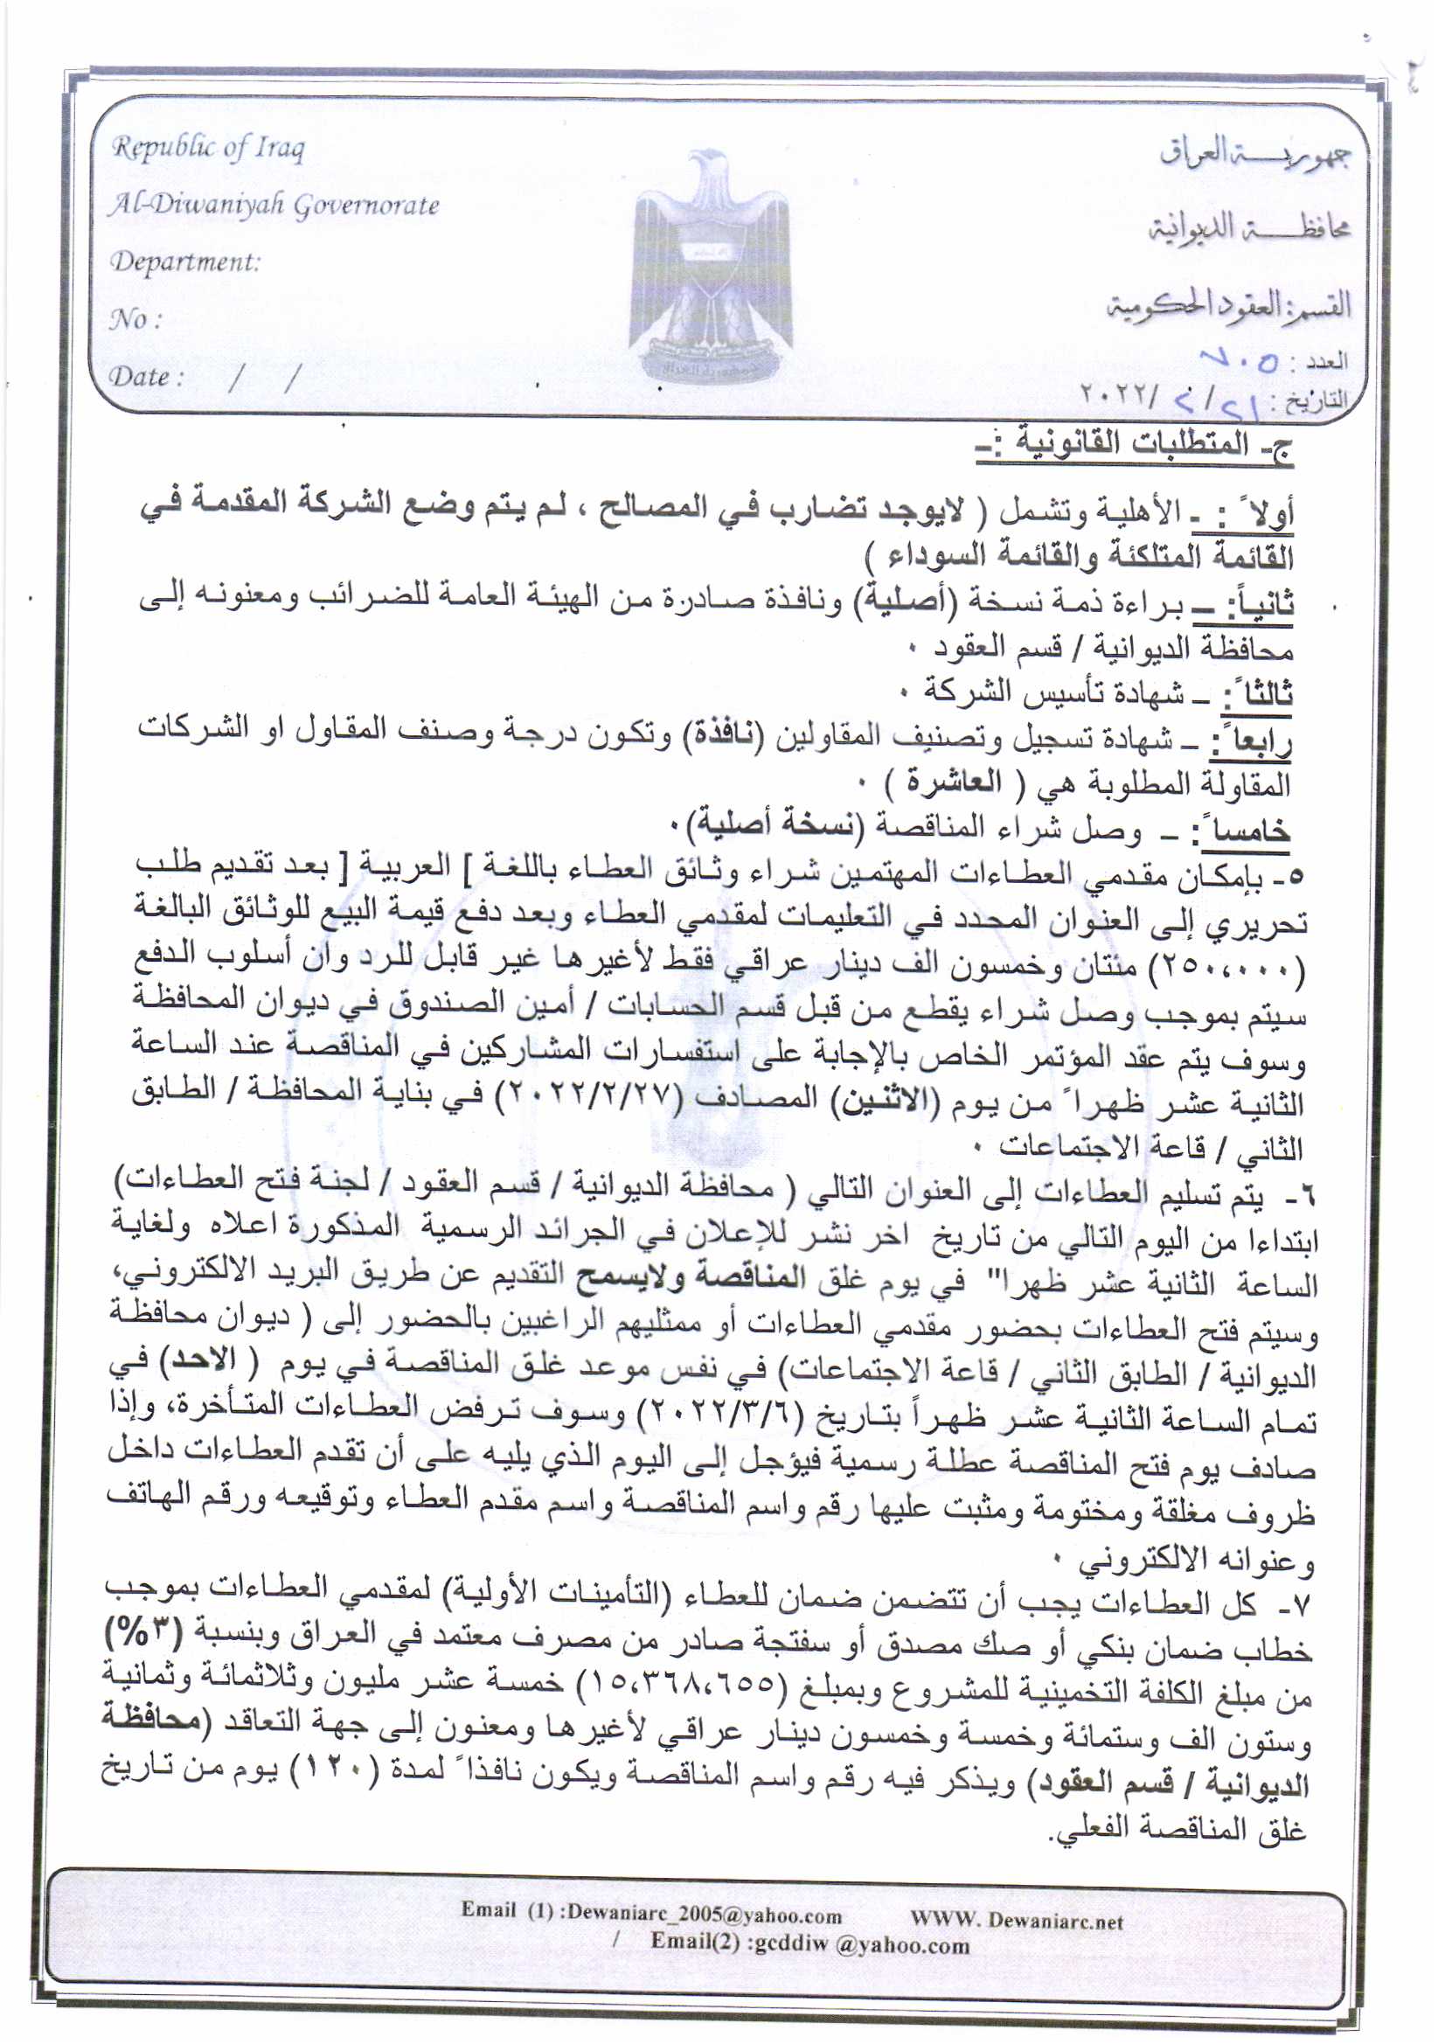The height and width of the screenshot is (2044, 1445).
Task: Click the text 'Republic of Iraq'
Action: click(207, 147)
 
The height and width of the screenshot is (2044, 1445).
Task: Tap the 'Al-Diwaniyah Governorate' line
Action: click(274, 205)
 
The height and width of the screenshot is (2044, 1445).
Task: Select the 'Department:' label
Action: click(184, 261)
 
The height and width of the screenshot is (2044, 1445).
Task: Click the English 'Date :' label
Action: click(146, 377)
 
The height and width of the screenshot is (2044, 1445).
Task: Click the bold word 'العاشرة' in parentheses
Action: click(952, 783)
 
